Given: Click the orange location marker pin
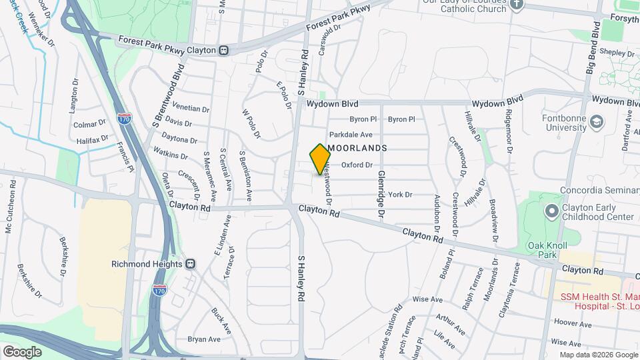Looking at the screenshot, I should (x=321, y=159).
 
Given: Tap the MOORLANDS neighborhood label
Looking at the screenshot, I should (x=357, y=147).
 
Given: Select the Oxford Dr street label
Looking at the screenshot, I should (x=357, y=165).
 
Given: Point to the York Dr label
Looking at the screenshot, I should (x=400, y=195).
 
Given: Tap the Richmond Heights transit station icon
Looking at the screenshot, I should (x=191, y=263).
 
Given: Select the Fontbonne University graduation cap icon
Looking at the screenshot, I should (x=597, y=123).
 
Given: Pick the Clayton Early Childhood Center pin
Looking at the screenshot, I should (x=551, y=211).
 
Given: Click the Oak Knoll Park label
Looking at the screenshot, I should (x=542, y=250).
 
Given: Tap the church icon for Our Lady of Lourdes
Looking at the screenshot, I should (x=517, y=5).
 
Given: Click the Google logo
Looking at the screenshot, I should (x=22, y=351).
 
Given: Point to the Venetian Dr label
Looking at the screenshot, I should (x=191, y=108).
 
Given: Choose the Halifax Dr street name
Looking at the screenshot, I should (x=91, y=140).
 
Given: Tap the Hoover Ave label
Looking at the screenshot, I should (x=570, y=322).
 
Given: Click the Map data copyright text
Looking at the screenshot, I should (x=599, y=355).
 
